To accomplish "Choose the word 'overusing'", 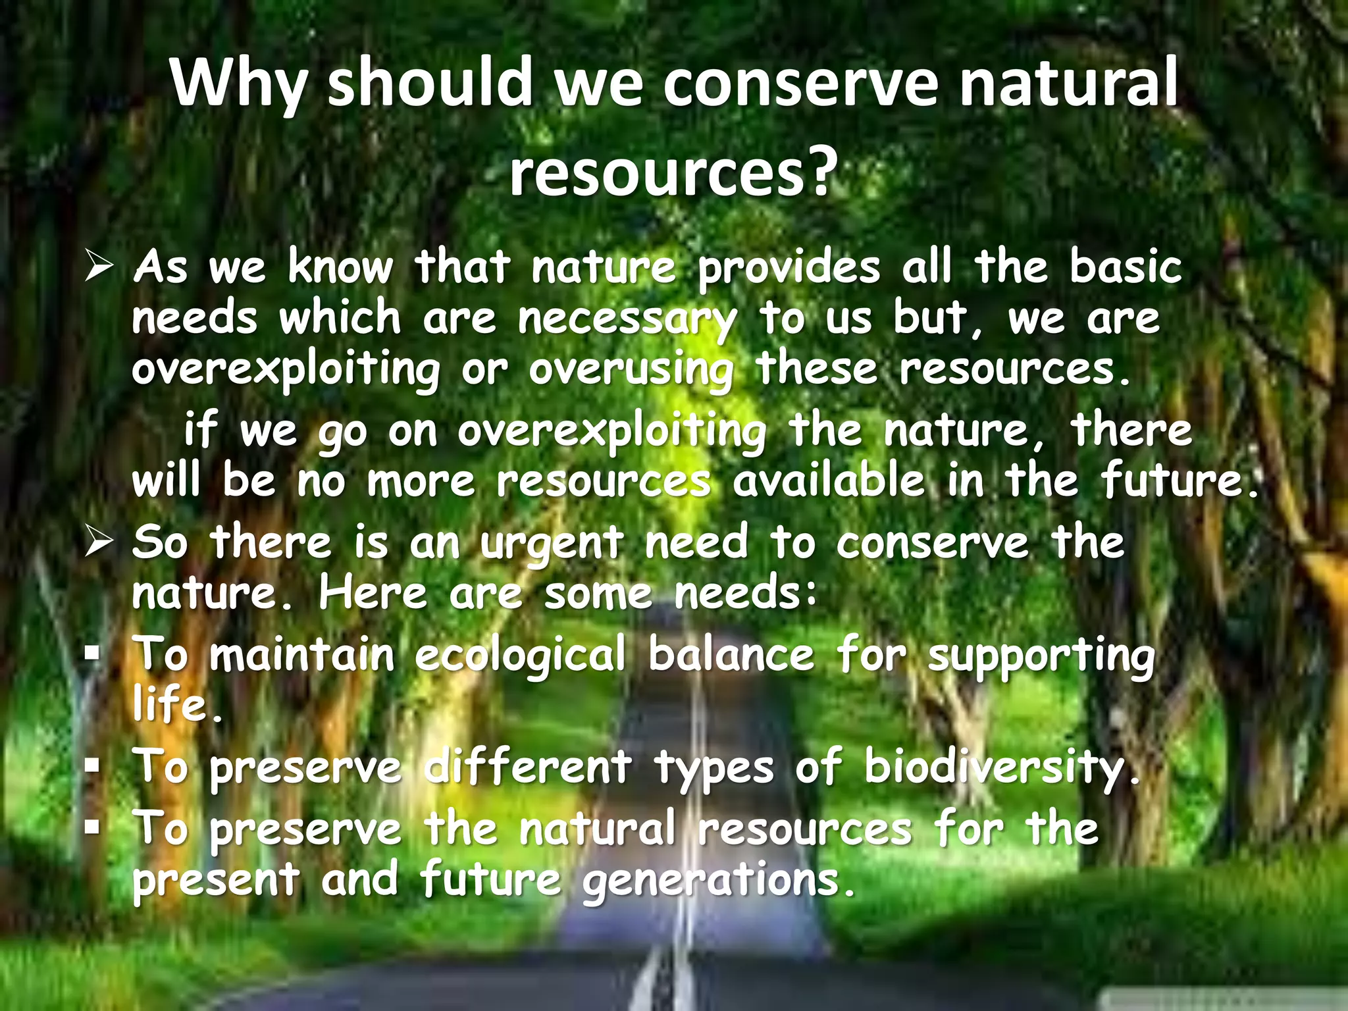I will point(631,370).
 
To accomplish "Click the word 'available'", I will point(829,481).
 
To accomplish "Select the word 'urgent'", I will point(551,544).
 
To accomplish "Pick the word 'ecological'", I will point(520,656).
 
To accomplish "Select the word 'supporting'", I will point(1041,657).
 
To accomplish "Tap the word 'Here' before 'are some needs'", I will point(373,594).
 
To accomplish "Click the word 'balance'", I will point(731,656).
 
